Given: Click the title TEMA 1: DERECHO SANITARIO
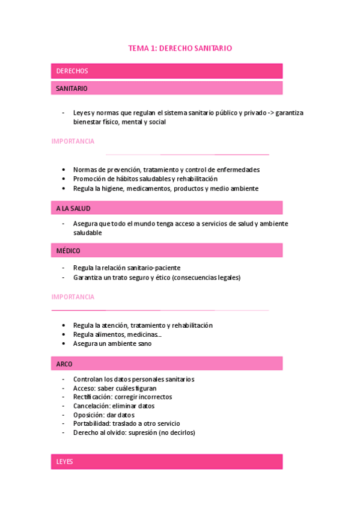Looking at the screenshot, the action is pyautogui.click(x=180, y=48).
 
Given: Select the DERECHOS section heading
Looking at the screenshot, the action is pyautogui.click(x=72, y=71).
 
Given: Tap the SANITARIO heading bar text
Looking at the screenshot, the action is pyautogui.click(x=72, y=88).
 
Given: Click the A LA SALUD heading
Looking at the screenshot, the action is pyautogui.click(x=73, y=208).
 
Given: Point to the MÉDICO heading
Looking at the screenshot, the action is pyautogui.click(x=69, y=251).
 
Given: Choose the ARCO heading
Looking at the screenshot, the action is pyautogui.click(x=64, y=364).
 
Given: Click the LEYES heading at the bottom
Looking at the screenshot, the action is pyautogui.click(x=64, y=461).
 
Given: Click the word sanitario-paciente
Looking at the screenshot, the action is pyautogui.click(x=154, y=268).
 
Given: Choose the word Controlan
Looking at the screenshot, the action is pyautogui.click(x=88, y=379).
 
